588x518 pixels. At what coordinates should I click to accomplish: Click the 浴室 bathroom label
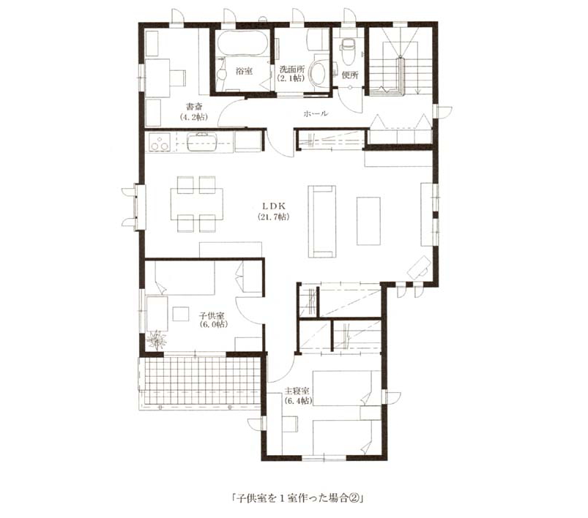click(x=244, y=71)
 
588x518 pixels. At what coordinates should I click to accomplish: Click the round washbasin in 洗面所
click(x=319, y=72)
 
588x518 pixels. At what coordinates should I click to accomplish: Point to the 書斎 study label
click(x=194, y=107)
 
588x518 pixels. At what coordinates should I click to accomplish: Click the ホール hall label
click(x=316, y=113)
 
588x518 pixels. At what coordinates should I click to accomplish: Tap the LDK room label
click(x=274, y=206)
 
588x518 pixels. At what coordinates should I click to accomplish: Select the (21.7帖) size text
click(x=273, y=217)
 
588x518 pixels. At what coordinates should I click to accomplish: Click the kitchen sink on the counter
click(x=202, y=142)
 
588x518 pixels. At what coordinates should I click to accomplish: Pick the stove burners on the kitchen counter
click(x=160, y=142)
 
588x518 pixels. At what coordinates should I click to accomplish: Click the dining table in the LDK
click(x=197, y=204)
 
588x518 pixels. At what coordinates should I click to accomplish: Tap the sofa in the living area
click(x=322, y=222)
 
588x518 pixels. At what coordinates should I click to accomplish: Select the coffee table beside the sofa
click(x=368, y=221)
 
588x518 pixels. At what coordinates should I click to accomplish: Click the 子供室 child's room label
click(x=211, y=315)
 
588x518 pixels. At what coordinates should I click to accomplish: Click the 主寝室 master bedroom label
click(x=297, y=391)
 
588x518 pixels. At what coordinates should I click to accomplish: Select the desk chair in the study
click(x=178, y=78)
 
